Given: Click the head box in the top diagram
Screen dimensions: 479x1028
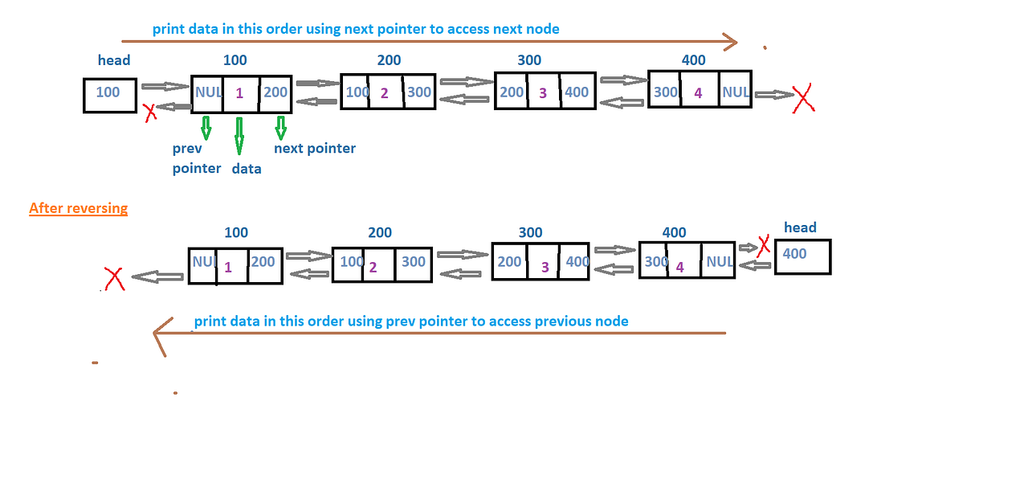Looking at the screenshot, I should point(110,95).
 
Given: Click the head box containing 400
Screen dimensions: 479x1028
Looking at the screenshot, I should point(802,257).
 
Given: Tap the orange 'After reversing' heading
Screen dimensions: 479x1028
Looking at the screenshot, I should point(78,208).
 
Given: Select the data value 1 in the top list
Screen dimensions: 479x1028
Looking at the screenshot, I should point(239,93).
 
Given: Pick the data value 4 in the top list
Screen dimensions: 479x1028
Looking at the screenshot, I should point(698,93).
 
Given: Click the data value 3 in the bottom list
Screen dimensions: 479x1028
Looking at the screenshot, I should point(545,266).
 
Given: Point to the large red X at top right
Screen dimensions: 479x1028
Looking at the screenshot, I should point(803,100).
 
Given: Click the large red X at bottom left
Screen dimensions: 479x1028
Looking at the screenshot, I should point(113,279).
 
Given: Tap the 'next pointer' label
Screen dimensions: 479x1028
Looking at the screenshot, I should point(315,148).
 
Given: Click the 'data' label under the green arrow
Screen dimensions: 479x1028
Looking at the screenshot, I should point(247,169).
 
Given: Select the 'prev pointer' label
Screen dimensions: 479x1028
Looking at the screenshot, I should point(196,158).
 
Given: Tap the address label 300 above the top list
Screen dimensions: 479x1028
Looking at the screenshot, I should point(529,60).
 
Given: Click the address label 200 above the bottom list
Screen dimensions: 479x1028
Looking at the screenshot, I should point(380,232).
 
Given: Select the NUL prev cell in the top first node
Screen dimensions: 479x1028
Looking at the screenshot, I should point(207,92).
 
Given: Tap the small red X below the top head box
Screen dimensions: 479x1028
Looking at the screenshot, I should point(150,113).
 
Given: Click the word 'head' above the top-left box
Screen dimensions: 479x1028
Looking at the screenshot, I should point(114,60).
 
